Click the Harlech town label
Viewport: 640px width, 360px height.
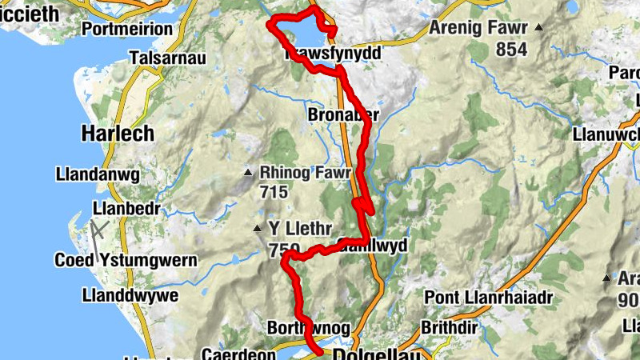point(118,134)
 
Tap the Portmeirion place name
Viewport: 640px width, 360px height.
point(127,29)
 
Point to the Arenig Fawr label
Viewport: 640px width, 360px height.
point(478,28)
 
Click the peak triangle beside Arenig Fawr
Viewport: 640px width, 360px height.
point(538,28)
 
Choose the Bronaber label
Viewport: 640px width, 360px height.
point(342,116)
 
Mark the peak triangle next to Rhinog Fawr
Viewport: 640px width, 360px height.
point(249,172)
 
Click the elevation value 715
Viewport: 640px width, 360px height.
point(274,192)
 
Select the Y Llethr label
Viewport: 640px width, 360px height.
point(299,229)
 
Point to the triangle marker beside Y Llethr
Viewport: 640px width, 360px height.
point(258,229)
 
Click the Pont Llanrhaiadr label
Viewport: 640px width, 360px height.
point(489,298)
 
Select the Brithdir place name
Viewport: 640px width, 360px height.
point(447,327)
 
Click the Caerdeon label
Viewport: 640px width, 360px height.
point(232,353)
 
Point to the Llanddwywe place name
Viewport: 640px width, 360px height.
point(126,295)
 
